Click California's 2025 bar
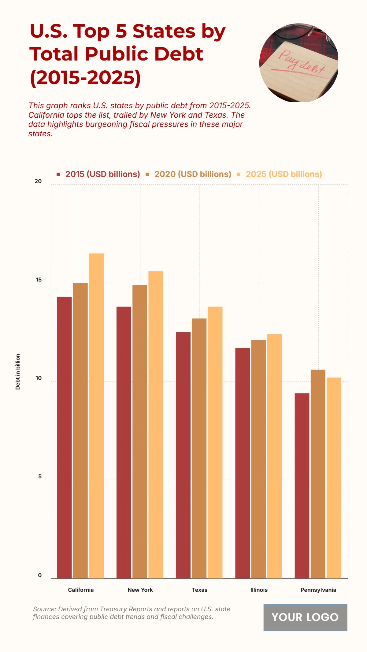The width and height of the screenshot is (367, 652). point(96,416)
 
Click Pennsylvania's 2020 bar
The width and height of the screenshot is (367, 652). point(318,474)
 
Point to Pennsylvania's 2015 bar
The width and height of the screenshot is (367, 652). point(302,486)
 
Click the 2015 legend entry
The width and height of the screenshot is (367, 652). point(98,174)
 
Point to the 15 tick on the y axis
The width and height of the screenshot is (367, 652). point(39,280)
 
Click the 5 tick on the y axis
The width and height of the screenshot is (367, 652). point(40,477)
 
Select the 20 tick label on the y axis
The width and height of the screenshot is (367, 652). point(38,181)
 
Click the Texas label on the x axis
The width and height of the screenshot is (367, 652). point(199,590)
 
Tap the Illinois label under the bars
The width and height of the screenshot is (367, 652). point(259,590)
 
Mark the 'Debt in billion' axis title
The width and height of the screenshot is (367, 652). point(18,372)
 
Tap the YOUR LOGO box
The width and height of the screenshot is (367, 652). point(305,617)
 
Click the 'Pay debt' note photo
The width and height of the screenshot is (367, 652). point(299,63)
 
